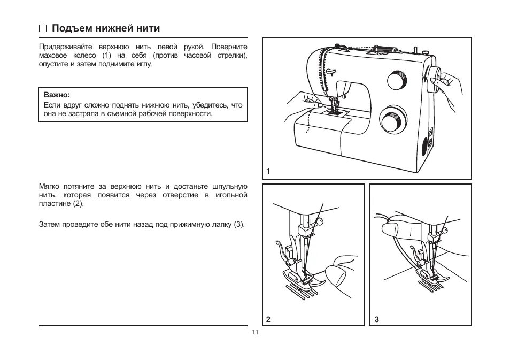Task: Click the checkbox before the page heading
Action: pos(43,28)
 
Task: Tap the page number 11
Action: pos(254,332)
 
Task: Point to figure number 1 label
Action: pos(268,172)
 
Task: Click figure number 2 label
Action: pos(268,319)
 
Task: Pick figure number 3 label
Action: pos(376,319)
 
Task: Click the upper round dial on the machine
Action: pos(397,81)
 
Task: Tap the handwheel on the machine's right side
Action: pos(433,80)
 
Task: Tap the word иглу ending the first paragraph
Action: pos(144,64)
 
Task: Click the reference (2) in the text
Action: pos(78,204)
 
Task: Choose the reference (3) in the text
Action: pos(239,224)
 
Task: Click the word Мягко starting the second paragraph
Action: pos(49,187)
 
